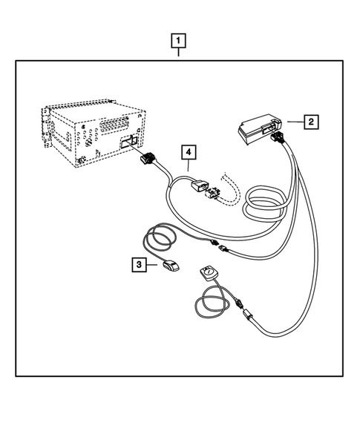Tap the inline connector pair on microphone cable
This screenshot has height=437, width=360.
[217, 247]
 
